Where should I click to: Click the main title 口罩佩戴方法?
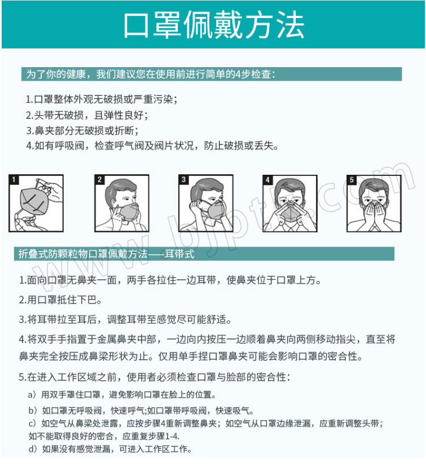pyautogui.click(x=214, y=25)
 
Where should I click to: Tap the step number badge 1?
pyautogui.click(x=14, y=179)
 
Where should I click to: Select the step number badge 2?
pyautogui.click(x=99, y=179)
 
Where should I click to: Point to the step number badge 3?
pyautogui.click(x=183, y=179)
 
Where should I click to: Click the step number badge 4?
pyautogui.click(x=267, y=179)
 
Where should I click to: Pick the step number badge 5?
pyautogui.click(x=352, y=179)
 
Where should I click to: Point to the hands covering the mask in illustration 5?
pyautogui.click(x=374, y=213)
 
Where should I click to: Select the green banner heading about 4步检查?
pyautogui.click(x=212, y=74)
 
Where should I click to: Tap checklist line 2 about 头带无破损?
pyautogui.click(x=87, y=115)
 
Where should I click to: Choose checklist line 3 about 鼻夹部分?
pyautogui.click(x=82, y=130)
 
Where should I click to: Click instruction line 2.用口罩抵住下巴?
pyautogui.click(x=60, y=300)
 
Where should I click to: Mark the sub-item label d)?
pyautogui.click(x=32, y=449)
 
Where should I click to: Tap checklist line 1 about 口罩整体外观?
pyautogui.click(x=102, y=99)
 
